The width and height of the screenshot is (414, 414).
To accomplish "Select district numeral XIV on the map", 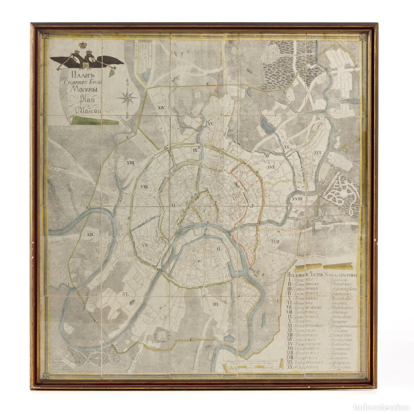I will point(161,108).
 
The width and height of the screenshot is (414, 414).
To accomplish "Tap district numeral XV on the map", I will point(211,123).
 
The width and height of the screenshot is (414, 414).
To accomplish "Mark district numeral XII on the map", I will point(91,234).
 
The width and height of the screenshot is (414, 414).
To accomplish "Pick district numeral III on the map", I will point(217,304).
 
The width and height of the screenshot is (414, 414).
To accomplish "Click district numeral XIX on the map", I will point(318,152).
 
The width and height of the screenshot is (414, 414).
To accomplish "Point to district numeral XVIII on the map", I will point(297,199).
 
